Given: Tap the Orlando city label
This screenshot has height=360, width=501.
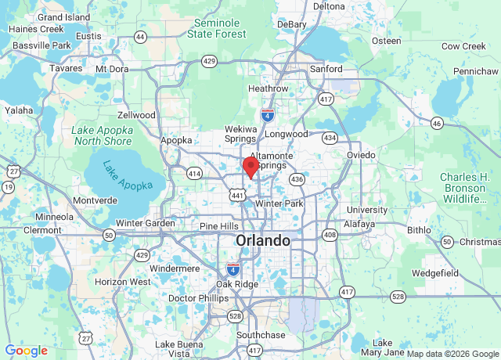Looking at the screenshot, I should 262,240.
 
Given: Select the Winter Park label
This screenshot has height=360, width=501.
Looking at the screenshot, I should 279,203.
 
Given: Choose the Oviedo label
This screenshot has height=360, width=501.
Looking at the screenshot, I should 362,155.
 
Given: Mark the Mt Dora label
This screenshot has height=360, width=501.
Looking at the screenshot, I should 112,69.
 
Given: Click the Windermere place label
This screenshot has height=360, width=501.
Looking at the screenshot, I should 175,268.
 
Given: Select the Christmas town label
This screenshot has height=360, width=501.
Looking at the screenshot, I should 480,242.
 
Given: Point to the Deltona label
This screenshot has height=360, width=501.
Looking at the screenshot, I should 329,6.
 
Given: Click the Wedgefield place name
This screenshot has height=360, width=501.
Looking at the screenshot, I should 434,273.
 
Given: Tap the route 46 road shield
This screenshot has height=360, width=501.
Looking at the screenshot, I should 436,124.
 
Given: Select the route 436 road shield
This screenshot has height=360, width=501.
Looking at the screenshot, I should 297,180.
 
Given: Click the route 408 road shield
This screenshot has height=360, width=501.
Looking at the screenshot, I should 330,235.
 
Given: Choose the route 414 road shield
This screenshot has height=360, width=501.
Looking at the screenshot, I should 194,171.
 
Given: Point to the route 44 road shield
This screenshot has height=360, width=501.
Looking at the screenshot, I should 140,37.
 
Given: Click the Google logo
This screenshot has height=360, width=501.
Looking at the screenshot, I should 27,351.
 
